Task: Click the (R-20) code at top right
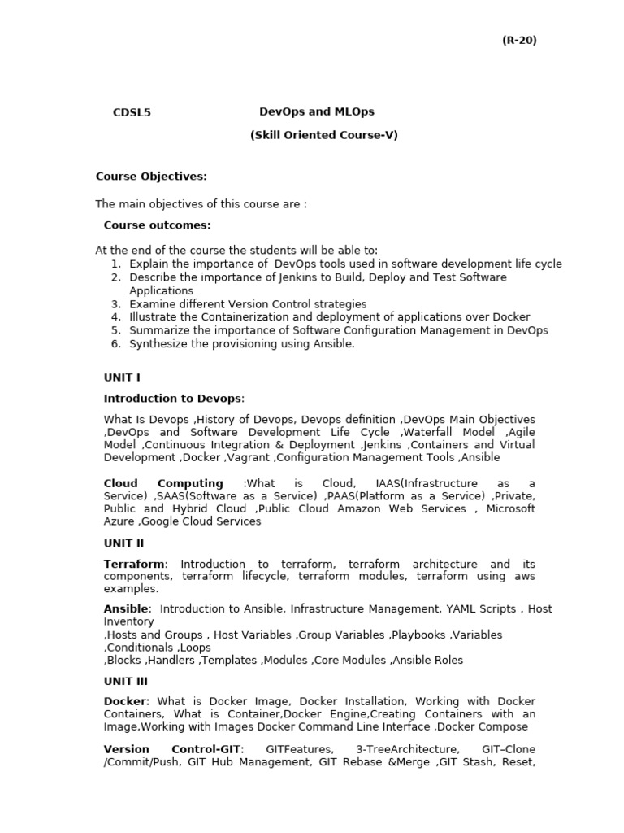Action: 519,41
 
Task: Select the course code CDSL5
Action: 132,113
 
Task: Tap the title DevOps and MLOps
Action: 317,111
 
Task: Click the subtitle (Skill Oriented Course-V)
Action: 323,135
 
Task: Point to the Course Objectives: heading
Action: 151,176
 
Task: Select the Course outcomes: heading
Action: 157,225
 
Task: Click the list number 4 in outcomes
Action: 116,317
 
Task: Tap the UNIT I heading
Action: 122,377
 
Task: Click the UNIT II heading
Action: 123,543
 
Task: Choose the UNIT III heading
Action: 126,682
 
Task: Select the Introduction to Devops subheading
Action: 172,399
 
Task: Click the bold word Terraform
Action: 134,564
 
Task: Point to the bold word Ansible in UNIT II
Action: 126,608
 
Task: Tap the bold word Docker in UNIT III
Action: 124,701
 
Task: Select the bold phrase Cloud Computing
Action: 163,483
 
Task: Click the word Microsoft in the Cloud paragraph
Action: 509,508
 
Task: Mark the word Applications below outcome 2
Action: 161,290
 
